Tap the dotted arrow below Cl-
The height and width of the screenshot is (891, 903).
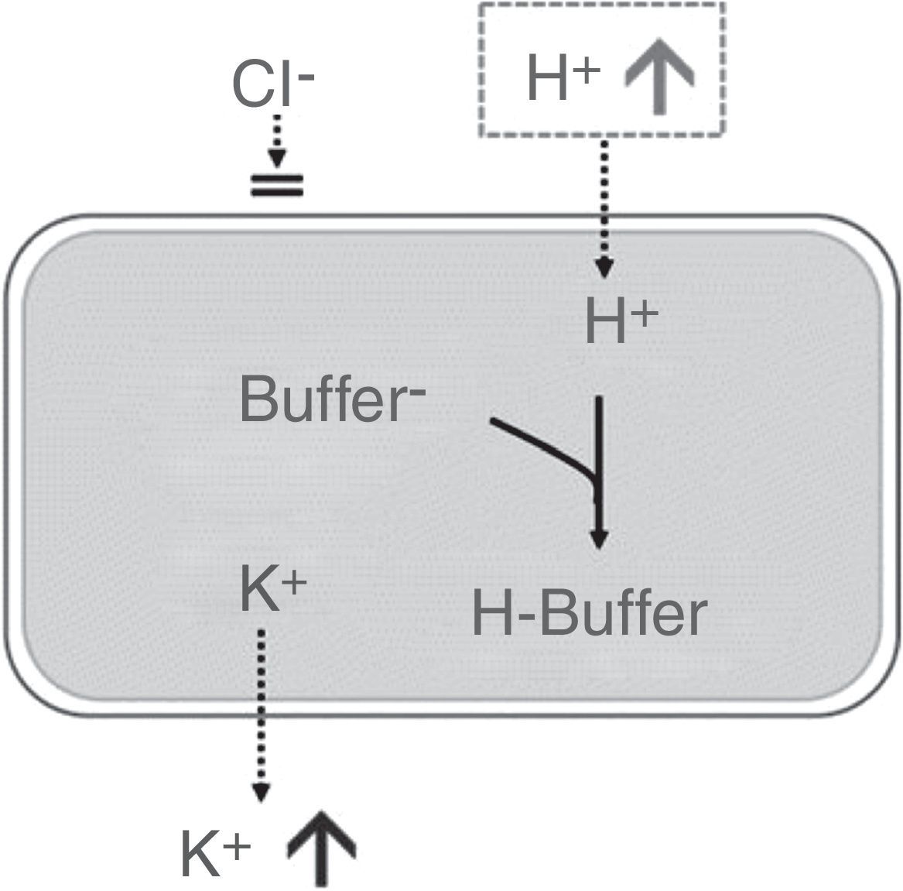tap(278, 139)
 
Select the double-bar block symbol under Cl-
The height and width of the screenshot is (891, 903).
tap(277, 185)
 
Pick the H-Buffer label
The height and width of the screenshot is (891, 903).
tap(589, 615)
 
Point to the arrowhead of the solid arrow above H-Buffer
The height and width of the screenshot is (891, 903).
tap(598, 537)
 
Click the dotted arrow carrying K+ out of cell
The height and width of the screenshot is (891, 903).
tap(262, 712)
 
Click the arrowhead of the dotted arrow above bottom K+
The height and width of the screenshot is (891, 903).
tap(262, 793)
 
